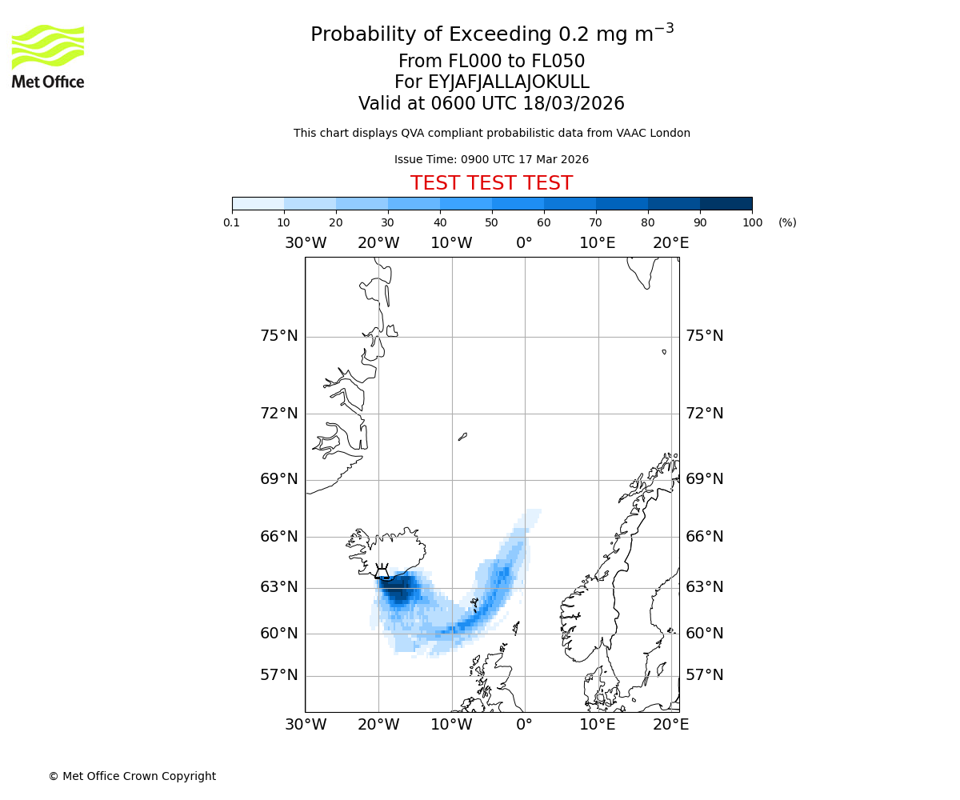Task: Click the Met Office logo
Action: [48, 56]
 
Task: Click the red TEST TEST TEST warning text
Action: [491, 183]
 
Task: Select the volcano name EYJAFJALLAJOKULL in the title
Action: [509, 82]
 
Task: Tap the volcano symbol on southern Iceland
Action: [382, 571]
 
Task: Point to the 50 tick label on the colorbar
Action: [491, 222]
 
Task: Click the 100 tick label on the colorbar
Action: [752, 222]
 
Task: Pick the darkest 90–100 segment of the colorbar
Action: [726, 203]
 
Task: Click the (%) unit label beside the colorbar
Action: [787, 222]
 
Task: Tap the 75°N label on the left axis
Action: [278, 336]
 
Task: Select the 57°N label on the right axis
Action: [704, 675]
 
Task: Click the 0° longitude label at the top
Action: [524, 243]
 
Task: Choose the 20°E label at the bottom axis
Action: [670, 725]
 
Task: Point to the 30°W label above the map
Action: [305, 243]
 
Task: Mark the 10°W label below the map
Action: [451, 725]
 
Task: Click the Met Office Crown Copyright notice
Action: [132, 776]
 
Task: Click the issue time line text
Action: [491, 159]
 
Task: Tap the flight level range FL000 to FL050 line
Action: [491, 62]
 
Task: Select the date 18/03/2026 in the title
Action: [574, 104]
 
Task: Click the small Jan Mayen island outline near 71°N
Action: [462, 437]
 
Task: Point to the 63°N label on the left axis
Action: [278, 587]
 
